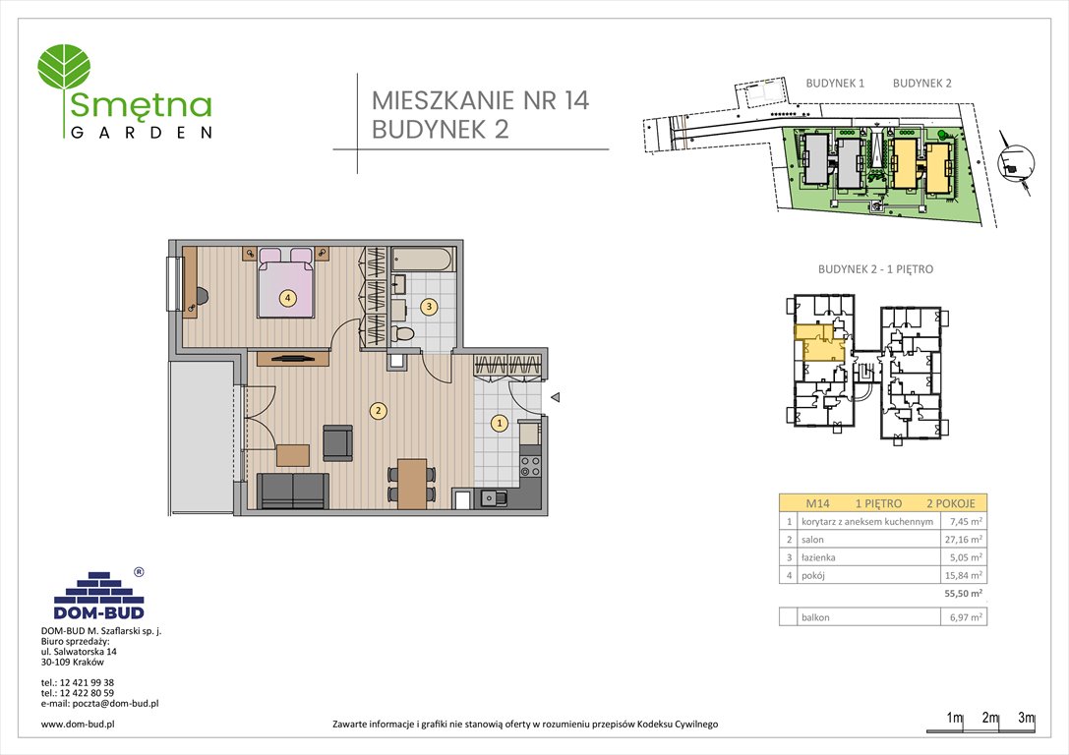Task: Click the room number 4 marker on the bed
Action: point(287,298)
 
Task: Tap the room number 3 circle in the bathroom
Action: point(430,307)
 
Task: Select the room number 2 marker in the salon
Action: point(377,411)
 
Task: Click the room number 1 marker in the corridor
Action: point(499,424)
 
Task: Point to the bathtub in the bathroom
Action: point(423,261)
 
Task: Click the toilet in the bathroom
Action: point(402,335)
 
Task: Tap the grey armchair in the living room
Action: point(337,442)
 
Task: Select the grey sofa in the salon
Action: point(292,490)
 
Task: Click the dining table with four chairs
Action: point(412,481)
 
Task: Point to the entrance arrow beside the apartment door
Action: point(555,398)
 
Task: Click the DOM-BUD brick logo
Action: point(98,593)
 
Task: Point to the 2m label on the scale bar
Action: point(990,719)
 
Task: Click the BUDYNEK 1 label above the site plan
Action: point(835,84)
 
